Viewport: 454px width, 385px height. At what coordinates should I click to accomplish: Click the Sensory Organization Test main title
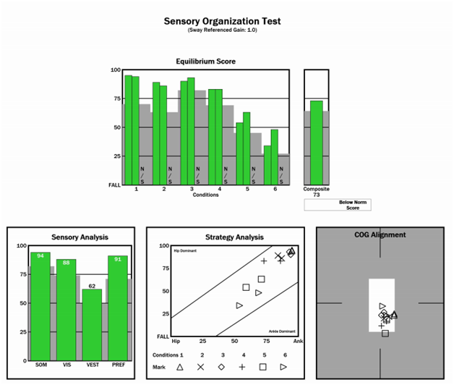227,21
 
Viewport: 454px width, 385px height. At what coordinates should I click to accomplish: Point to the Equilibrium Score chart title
205,62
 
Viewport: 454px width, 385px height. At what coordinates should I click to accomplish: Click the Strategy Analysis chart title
234,237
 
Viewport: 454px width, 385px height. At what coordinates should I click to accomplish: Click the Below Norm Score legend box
337,205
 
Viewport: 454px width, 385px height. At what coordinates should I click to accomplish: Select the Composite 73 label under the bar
316,192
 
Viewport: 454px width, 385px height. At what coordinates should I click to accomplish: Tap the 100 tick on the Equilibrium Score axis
116,70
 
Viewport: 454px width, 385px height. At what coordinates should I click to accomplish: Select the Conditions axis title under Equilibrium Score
205,194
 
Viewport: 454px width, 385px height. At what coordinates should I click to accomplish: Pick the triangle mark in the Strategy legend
180,367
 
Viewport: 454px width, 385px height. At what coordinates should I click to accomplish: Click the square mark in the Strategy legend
263,367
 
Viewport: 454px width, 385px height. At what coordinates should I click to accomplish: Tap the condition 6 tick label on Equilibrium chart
274,189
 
